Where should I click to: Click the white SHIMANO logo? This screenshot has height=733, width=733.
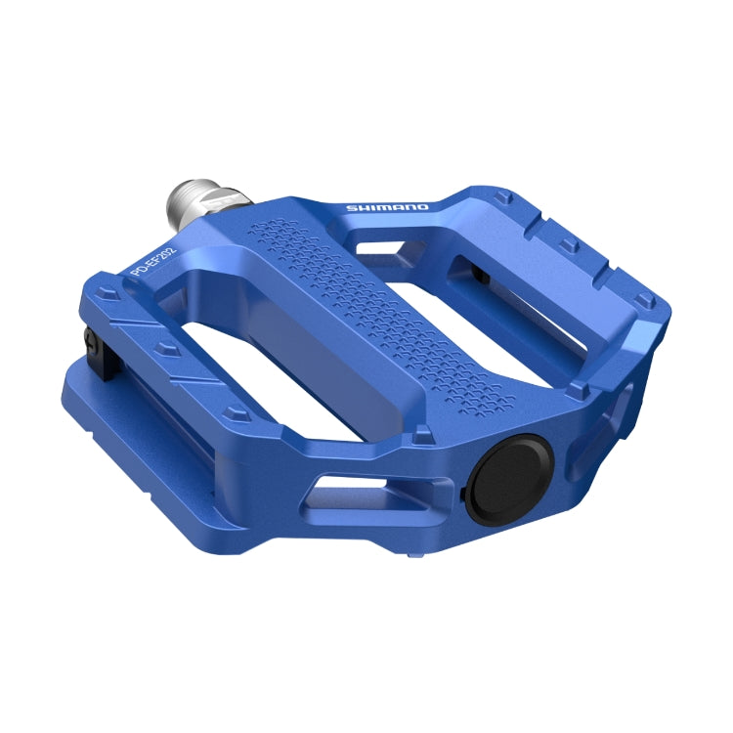[388, 207]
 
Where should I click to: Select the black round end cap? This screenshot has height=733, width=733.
[509, 476]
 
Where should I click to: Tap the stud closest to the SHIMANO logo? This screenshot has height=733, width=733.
[503, 198]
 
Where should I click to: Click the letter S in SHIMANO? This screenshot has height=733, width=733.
[351, 208]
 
